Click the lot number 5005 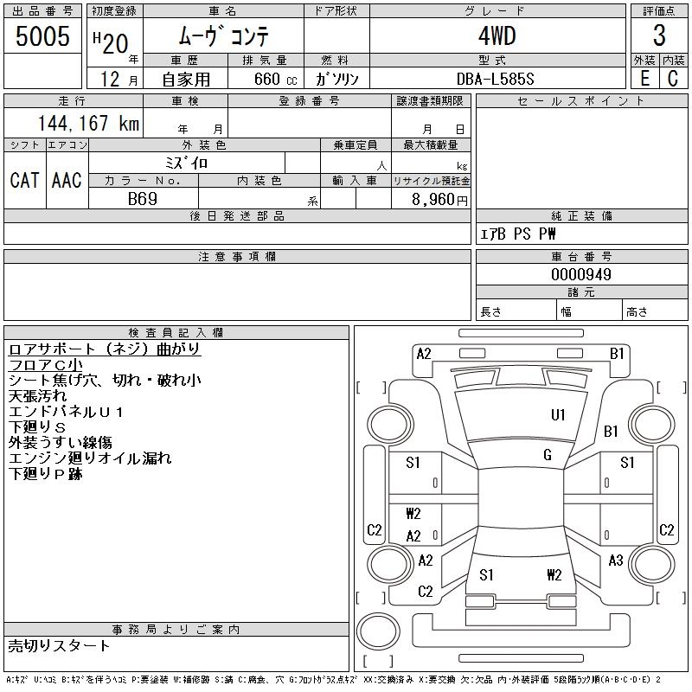pyautogui.click(x=43, y=36)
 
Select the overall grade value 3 pyautogui.click(x=659, y=36)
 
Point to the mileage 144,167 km pyautogui.click(x=86, y=124)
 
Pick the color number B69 pyautogui.click(x=143, y=199)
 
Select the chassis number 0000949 pyautogui.click(x=581, y=274)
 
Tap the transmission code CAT pyautogui.click(x=24, y=180)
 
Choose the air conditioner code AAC pyautogui.click(x=67, y=180)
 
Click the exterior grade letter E pyautogui.click(x=644, y=79)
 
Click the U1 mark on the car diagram pyautogui.click(x=558, y=415)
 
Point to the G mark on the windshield pyautogui.click(x=547, y=455)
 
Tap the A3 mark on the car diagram pyautogui.click(x=616, y=561)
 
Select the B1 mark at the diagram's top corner pyautogui.click(x=617, y=353)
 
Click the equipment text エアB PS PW pyautogui.click(x=518, y=234)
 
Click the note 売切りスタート pyautogui.click(x=59, y=646)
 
